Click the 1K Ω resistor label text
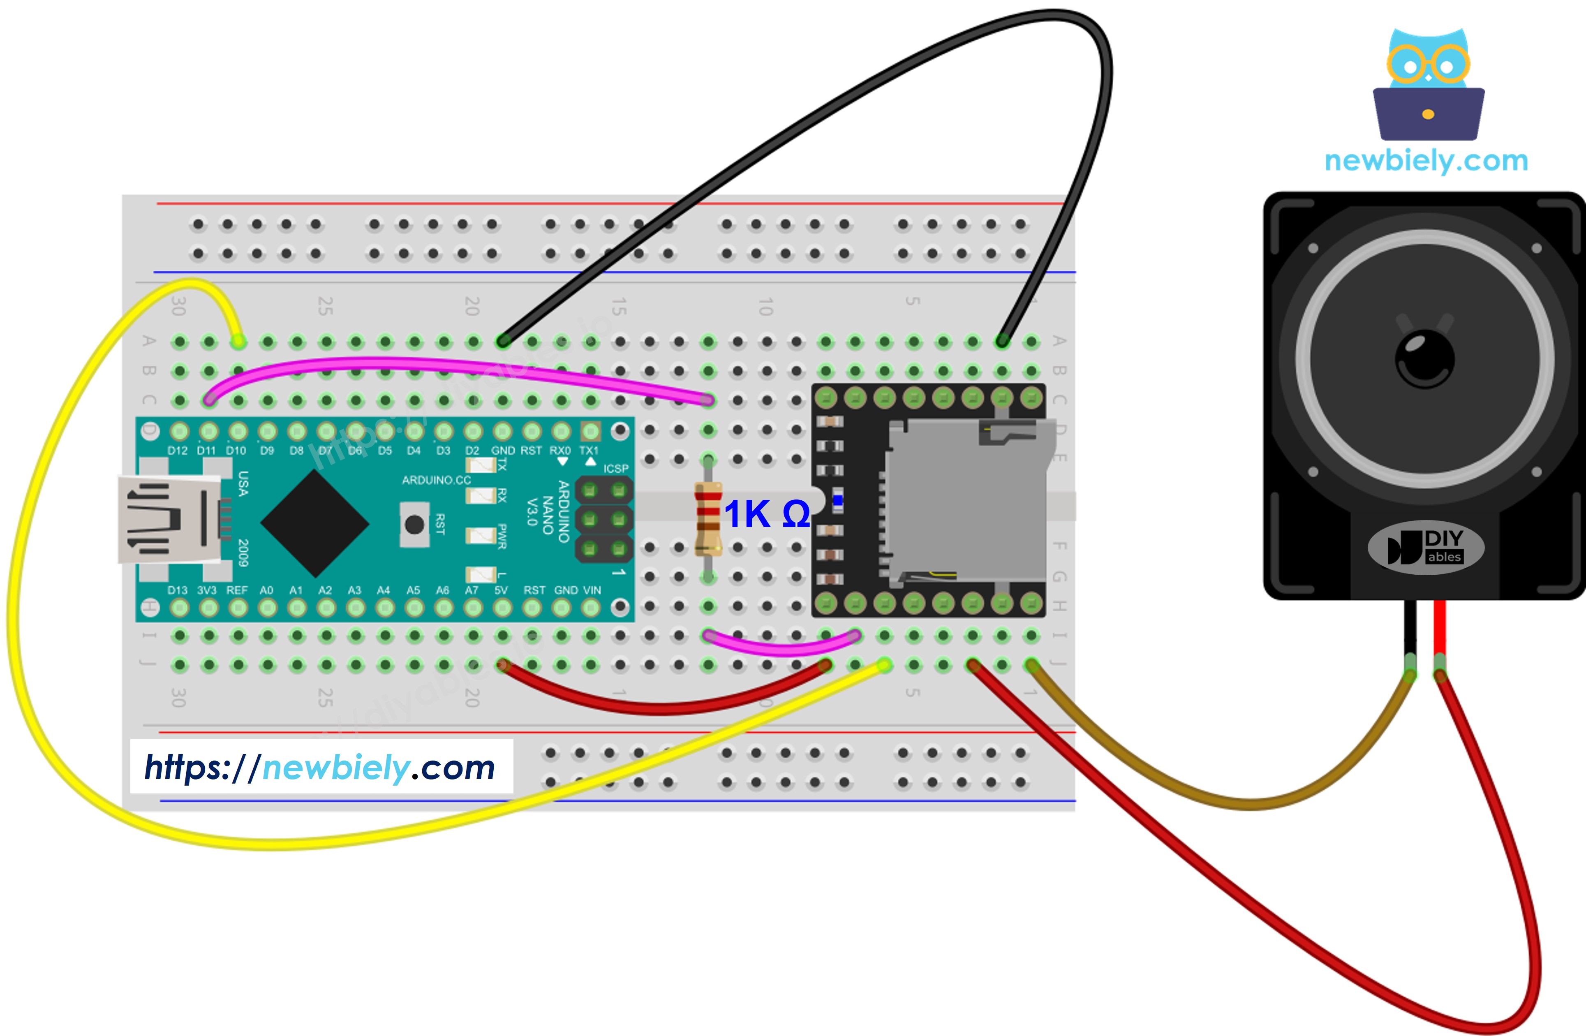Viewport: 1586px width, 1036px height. click(x=766, y=514)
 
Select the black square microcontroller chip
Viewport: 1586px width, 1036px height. click(x=314, y=524)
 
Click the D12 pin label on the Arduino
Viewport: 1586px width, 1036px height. click(x=177, y=451)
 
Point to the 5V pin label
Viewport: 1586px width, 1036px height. click(x=501, y=590)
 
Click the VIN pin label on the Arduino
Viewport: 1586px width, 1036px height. click(x=592, y=590)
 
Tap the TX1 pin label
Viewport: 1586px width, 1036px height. click(x=588, y=451)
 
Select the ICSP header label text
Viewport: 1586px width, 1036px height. click(x=616, y=468)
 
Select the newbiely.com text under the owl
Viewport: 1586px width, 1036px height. click(x=1426, y=161)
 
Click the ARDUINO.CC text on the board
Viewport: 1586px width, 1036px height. click(x=437, y=480)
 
